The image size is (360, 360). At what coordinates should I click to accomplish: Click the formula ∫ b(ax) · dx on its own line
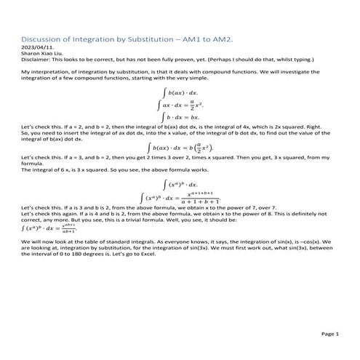179,93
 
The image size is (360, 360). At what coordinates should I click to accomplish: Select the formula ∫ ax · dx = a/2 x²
179,104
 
